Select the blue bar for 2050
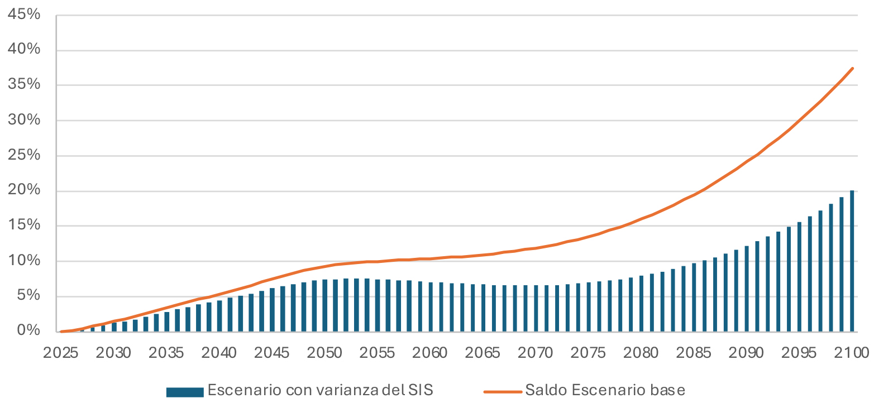tap(324, 305)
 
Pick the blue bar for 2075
tap(589, 307)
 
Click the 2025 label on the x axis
tap(61, 353)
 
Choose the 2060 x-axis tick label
tap(430, 353)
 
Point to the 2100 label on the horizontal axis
tap(852, 353)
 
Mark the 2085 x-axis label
tap(694, 353)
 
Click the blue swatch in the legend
tap(184, 391)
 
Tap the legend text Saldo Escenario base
tap(605, 390)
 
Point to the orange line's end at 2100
tap(852, 68)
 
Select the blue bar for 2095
tap(799, 277)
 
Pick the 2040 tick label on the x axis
tap(219, 353)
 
